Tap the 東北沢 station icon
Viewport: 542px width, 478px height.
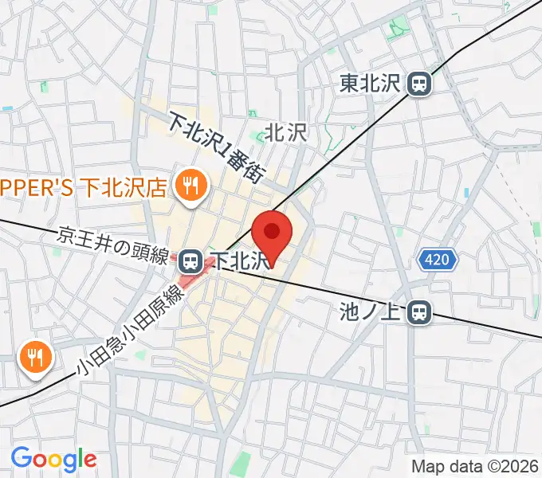418,83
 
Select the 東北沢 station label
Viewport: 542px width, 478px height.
372,83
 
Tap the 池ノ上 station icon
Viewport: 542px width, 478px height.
418,313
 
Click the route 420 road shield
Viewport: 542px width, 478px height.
438,260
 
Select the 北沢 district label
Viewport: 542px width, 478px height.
285,131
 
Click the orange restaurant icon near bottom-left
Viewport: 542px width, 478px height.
34,356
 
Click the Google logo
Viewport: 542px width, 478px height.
53,459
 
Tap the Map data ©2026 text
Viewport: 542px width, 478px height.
473,466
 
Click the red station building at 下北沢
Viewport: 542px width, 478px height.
194,275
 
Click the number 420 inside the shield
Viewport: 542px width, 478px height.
438,260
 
